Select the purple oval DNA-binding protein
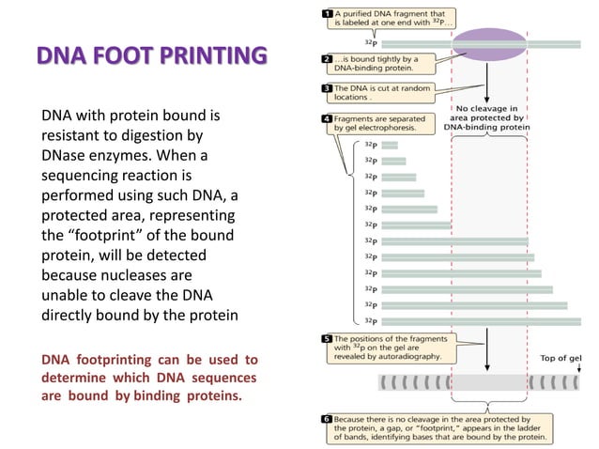pyautogui.click(x=489, y=43)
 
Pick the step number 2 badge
pyautogui.click(x=325, y=58)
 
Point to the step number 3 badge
pyautogui.click(x=325, y=87)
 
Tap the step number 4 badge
pyautogui.click(x=325, y=119)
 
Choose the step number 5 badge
pyautogui.click(x=325, y=338)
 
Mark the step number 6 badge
pyautogui.click(x=325, y=418)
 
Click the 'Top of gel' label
pyautogui.click(x=561, y=358)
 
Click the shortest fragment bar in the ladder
pyautogui.click(x=390, y=145)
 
